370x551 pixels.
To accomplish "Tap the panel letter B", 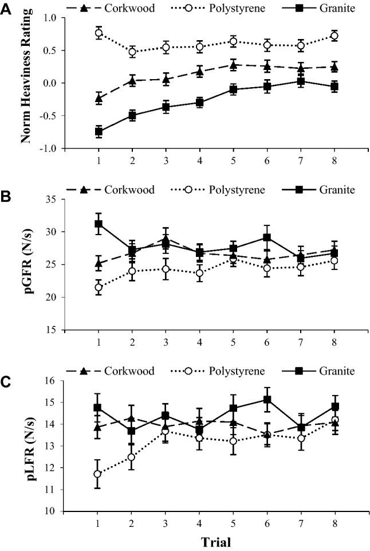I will [7, 196].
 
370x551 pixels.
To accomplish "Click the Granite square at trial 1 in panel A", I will [99, 132].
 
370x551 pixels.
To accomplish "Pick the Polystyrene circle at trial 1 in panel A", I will [99, 33].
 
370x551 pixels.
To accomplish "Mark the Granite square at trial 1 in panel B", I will [99, 224].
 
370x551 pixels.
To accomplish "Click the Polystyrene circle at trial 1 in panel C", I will [99, 474].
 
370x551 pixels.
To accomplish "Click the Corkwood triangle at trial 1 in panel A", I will [99, 98].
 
